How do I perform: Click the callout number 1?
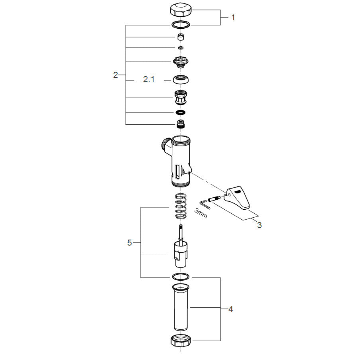233,18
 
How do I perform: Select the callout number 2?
116,75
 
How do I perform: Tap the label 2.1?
149,79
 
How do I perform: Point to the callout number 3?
260,225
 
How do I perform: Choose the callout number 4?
230,309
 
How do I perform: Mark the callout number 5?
130,243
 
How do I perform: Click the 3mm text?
201,213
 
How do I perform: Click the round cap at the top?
181,10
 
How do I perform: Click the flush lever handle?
237,198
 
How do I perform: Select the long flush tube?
181,307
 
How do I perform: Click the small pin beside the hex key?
214,199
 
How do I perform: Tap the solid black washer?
181,112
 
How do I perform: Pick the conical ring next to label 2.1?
181,79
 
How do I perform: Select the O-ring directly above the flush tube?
181,277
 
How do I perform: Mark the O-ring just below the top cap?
181,25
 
